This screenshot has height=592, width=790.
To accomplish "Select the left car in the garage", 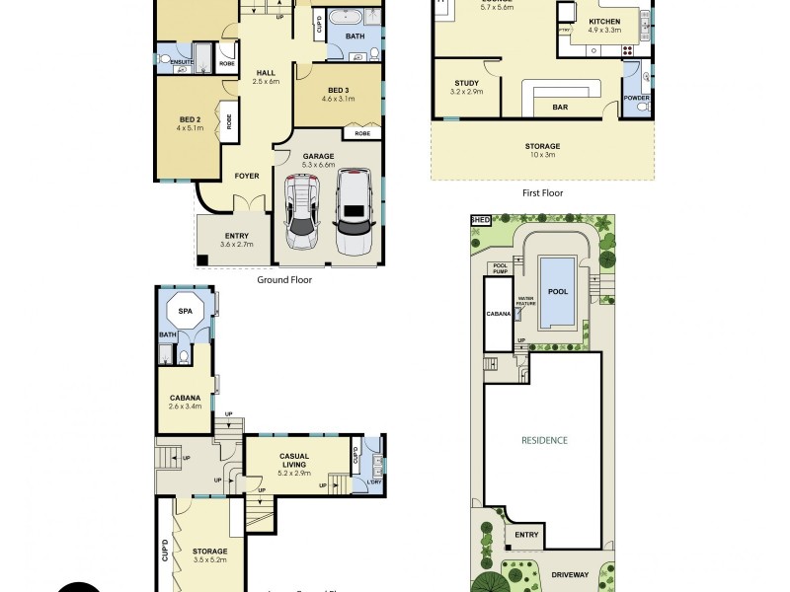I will pyautogui.click(x=302, y=212).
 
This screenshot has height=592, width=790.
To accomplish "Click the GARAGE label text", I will pyautogui.click(x=319, y=156).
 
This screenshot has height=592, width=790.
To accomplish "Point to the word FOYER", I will pyautogui.click(x=246, y=176).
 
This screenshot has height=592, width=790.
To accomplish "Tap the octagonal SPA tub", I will pyautogui.click(x=185, y=312).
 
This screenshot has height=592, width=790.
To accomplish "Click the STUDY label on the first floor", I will pyautogui.click(x=466, y=83).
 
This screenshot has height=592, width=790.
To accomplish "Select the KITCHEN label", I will pyautogui.click(x=604, y=21).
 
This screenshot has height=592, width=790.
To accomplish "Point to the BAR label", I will pyautogui.click(x=559, y=106).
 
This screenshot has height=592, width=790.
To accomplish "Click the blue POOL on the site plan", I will pyautogui.click(x=558, y=291).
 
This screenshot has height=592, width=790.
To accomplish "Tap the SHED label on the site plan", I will pyautogui.click(x=481, y=220).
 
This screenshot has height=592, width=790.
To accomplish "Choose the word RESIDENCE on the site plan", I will pyautogui.click(x=545, y=440).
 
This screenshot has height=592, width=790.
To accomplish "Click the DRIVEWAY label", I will pyautogui.click(x=570, y=574).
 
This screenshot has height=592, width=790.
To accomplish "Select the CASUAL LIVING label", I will pyautogui.click(x=293, y=461).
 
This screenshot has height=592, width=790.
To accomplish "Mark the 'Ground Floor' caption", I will pyautogui.click(x=284, y=279).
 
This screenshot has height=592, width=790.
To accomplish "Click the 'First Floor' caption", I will pyautogui.click(x=542, y=192).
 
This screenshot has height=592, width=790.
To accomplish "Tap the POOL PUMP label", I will pyautogui.click(x=500, y=267).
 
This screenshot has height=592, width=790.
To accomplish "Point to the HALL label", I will pyautogui.click(x=266, y=73).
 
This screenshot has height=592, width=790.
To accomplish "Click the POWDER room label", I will pyautogui.click(x=637, y=97).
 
